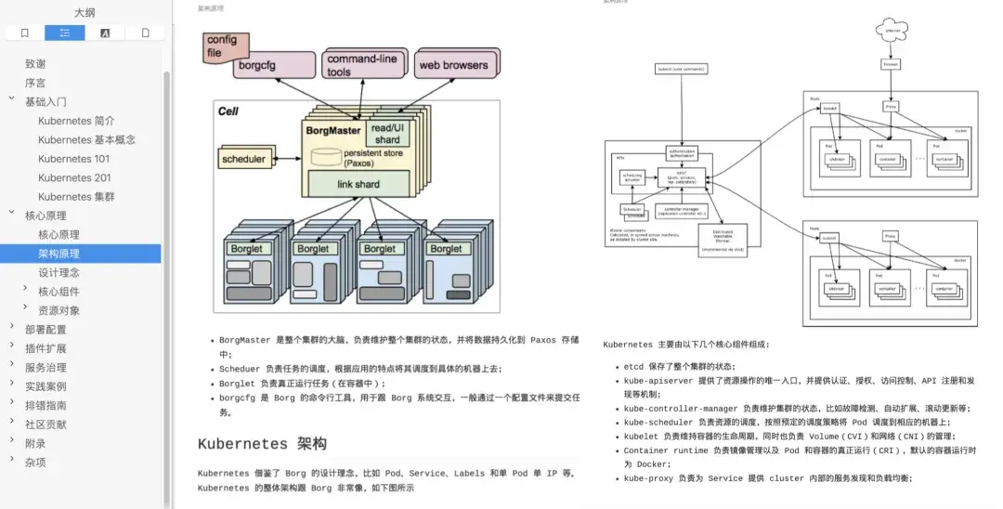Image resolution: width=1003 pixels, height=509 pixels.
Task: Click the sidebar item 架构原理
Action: coord(59,254)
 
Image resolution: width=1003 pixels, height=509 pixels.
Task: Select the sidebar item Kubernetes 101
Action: coord(73,159)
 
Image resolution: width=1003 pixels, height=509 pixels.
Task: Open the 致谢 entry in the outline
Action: coord(35,64)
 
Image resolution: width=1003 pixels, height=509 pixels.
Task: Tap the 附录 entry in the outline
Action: coord(35,443)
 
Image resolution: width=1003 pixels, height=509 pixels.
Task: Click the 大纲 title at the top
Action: coord(85,13)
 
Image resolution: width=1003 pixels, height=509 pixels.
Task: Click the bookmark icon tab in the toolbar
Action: coord(25,33)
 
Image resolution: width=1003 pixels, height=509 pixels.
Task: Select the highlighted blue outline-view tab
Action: coord(65,33)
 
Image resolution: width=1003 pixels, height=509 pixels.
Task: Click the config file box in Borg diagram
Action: coord(221,46)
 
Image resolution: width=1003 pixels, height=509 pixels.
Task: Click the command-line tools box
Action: coord(361,65)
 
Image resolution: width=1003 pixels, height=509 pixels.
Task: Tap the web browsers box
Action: coord(453,65)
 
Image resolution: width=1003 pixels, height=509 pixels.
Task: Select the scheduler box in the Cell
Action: coord(243,159)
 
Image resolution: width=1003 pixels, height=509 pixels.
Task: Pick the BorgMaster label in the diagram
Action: coord(333,131)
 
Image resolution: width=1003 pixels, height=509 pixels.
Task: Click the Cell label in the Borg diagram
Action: coord(228,111)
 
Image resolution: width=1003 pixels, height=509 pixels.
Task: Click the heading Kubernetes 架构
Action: coord(262,444)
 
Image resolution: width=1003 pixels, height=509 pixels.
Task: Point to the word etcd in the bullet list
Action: coord(633,367)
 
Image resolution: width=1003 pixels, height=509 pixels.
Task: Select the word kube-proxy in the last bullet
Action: coord(648,478)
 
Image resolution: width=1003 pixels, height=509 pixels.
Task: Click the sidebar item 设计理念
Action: coord(59,272)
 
